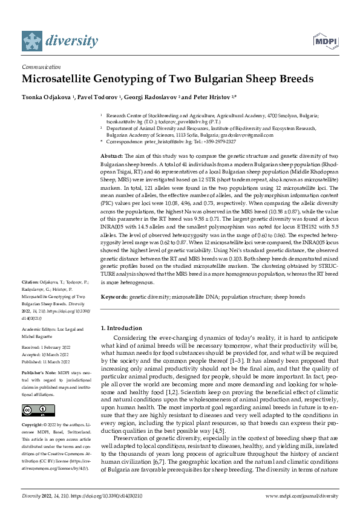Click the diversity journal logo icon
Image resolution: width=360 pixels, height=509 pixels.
click(33, 41)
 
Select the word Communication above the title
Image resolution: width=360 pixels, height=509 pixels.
click(41, 67)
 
